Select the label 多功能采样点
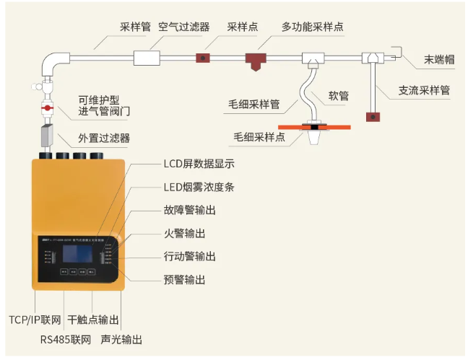click(x=312, y=27)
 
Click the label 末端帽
click(x=439, y=60)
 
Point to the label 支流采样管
click(x=424, y=91)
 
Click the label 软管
click(x=339, y=95)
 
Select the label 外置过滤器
click(x=105, y=138)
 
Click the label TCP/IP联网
click(x=33, y=319)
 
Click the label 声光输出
click(x=121, y=338)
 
